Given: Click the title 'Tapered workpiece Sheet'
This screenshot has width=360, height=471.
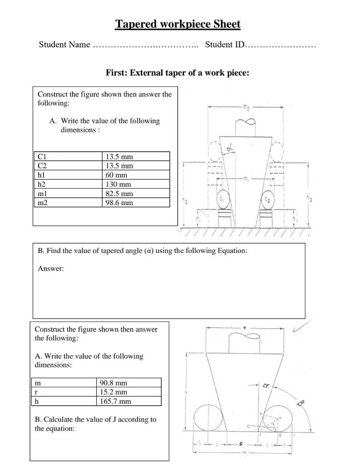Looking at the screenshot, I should tap(178, 24).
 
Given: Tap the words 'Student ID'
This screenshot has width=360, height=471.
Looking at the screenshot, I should tap(225, 45).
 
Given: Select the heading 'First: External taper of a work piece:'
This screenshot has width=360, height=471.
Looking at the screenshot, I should tap(177, 73).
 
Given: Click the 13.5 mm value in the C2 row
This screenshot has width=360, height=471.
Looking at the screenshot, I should tap(119, 166).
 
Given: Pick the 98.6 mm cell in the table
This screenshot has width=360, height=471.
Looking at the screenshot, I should tap(119, 202).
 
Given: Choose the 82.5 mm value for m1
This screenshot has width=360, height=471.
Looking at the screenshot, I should tap(119, 193).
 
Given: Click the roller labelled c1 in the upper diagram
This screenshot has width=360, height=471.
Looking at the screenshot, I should tap(222, 200).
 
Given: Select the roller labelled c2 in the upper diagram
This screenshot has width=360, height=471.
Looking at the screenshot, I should tap(267, 200).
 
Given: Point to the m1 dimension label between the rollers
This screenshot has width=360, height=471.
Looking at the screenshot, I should tap(246, 178).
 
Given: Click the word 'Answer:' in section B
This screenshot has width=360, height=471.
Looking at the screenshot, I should tap(51, 269).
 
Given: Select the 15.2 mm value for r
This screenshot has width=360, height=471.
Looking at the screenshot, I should tap(113, 392).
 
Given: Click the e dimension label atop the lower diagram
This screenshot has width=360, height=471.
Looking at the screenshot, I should tap(244, 327).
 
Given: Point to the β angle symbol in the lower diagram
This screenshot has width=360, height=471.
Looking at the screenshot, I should tap(301, 403).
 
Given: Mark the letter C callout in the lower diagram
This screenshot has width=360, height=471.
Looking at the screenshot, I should tap(249, 426).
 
